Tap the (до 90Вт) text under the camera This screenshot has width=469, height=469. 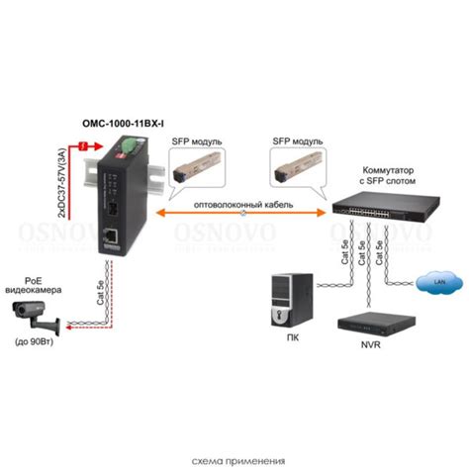38,340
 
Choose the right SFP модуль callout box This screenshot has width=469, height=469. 297,141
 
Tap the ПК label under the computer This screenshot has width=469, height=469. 289,337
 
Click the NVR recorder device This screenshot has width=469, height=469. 366,324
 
